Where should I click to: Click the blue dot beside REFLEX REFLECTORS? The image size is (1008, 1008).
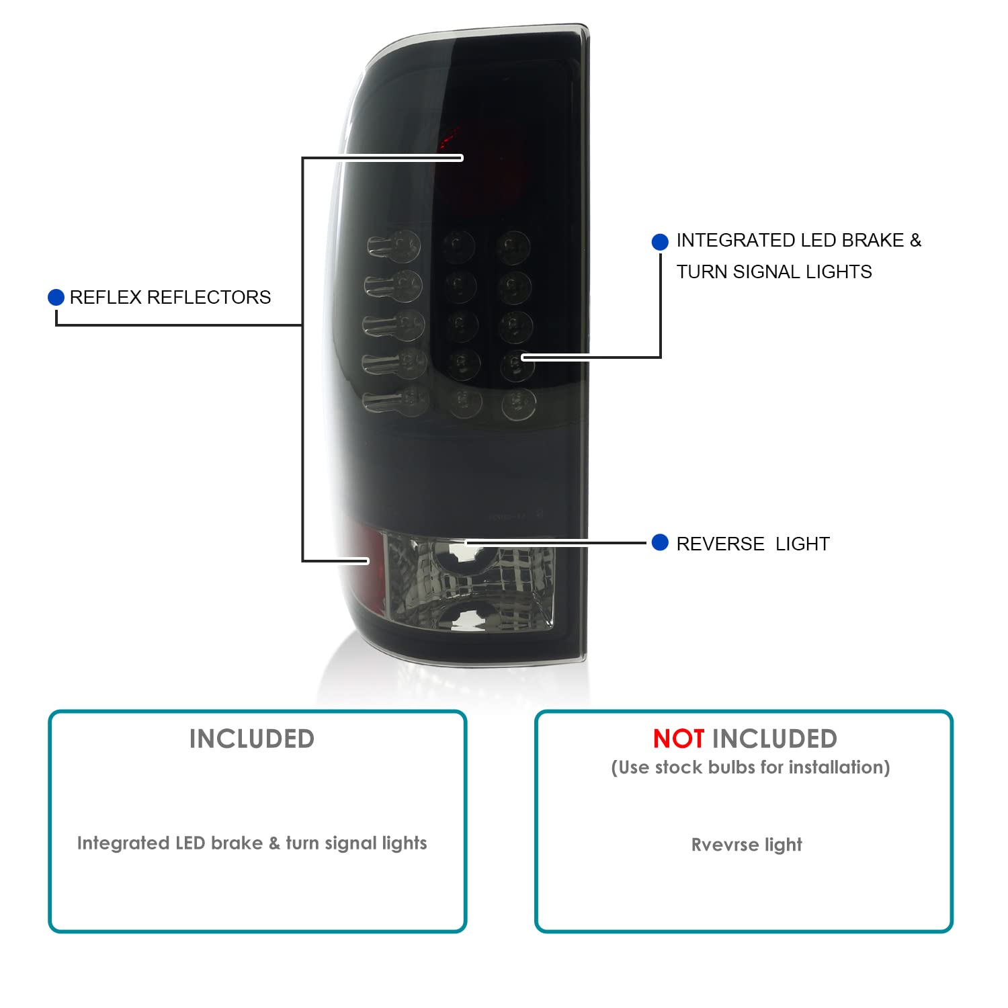click(x=56, y=297)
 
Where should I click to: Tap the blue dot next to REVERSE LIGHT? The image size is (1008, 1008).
click(x=660, y=542)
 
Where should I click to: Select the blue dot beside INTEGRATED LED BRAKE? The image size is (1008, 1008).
click(x=660, y=242)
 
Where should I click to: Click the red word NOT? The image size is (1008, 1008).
click(x=679, y=739)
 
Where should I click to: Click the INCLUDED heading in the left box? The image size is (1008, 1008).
click(x=252, y=739)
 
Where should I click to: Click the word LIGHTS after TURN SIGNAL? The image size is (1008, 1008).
click(x=839, y=272)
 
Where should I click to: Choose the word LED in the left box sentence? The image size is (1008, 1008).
click(x=190, y=843)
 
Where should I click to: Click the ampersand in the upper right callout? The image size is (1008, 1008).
click(x=915, y=241)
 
